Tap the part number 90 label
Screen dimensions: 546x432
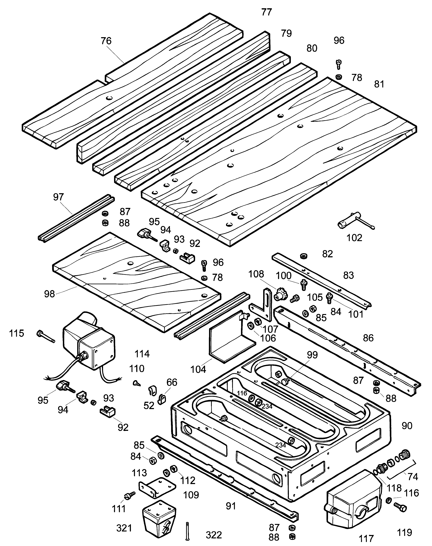tap(407, 426)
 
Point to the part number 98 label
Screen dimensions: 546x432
tap(49, 294)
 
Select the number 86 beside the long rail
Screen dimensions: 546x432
tap(368, 338)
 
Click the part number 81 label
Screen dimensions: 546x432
tap(379, 84)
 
